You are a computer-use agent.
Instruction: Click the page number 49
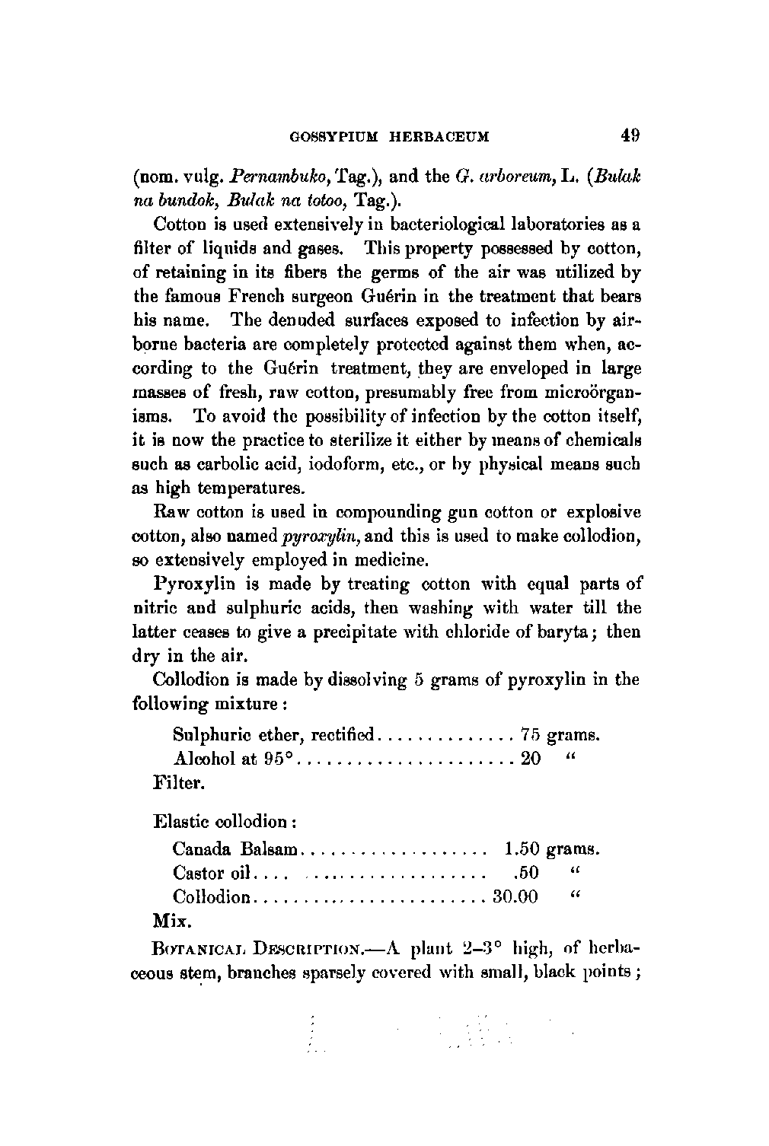(630, 136)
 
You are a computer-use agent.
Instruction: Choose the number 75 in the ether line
(530, 735)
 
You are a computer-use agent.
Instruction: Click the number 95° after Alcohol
(279, 759)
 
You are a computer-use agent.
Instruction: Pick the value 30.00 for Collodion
(515, 896)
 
